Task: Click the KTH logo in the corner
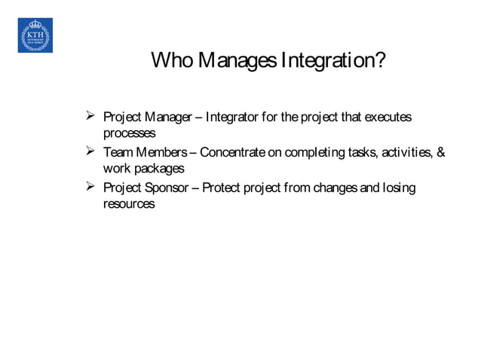pos(35,35)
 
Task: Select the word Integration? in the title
pos(332,59)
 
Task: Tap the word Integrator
pos(236,118)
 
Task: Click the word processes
pos(129,134)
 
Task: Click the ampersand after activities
pos(440,154)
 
